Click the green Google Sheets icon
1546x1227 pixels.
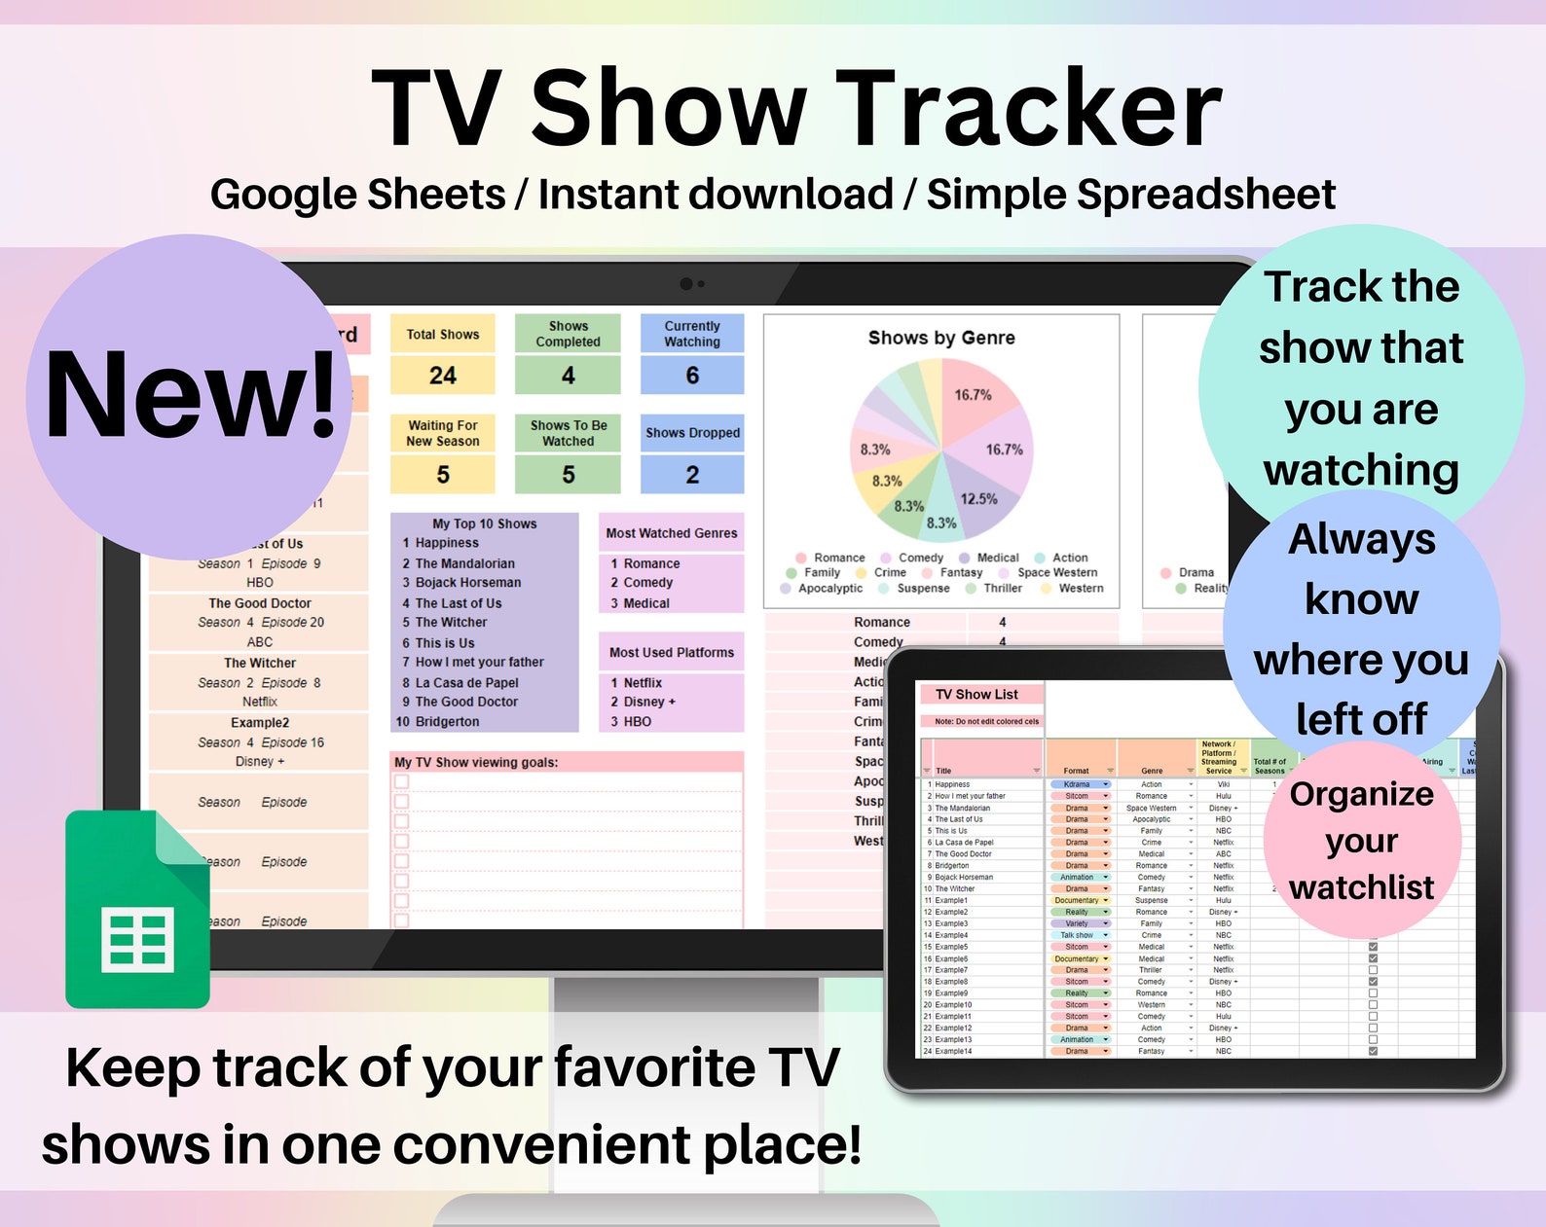point(137,911)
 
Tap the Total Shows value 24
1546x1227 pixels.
point(443,376)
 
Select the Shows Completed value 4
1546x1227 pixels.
point(568,376)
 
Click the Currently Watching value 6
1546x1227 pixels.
point(692,376)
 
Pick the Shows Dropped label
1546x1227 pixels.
point(692,433)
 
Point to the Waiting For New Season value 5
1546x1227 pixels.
point(443,475)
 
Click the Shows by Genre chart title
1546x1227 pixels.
point(941,338)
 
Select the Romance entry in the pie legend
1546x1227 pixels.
point(838,558)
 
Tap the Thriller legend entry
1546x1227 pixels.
point(1002,588)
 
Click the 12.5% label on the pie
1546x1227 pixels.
point(978,499)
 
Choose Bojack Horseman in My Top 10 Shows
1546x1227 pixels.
point(467,583)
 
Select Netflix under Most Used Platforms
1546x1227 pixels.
point(643,683)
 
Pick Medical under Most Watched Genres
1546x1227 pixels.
point(646,603)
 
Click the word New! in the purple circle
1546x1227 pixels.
point(191,395)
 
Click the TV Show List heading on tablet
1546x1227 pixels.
point(976,695)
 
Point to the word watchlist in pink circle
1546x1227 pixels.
point(1361,887)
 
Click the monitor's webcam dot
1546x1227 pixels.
point(686,284)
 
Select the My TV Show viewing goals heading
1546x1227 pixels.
point(476,763)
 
